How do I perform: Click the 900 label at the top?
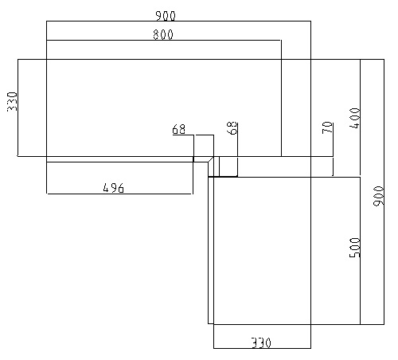tap(166, 16)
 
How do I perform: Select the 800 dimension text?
tap(163, 35)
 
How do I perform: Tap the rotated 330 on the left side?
tap(12, 101)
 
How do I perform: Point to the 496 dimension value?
tap(113, 188)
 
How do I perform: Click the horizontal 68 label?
tap(179, 130)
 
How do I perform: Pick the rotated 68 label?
tap(232, 128)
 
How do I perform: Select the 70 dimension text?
tap(327, 127)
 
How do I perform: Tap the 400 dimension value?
tap(355, 118)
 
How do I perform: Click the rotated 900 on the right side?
tap(378, 196)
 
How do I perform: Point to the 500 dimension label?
tap(355, 248)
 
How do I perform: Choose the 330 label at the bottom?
tap(261, 342)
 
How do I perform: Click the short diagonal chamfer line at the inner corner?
tap(211, 159)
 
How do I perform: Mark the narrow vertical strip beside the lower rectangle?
tap(211, 250)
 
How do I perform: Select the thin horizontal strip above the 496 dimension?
tap(127, 159)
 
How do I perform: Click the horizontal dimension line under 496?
tap(119, 194)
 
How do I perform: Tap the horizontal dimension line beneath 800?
tap(164, 41)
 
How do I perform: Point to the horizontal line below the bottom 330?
tap(262, 348)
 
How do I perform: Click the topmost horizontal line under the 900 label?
tap(178, 21)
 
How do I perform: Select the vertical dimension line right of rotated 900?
tap(384, 192)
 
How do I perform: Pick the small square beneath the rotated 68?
tap(228, 166)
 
